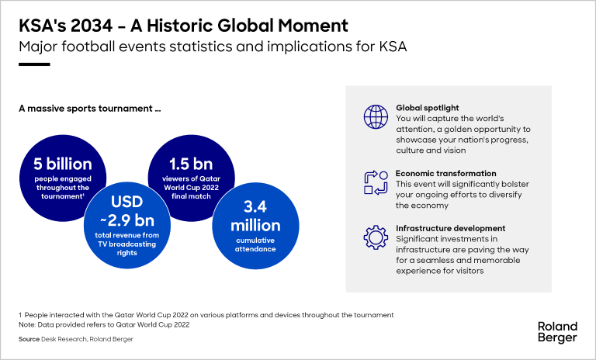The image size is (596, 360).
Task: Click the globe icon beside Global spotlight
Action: [376, 116]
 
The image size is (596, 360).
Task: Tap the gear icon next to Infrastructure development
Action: [376, 237]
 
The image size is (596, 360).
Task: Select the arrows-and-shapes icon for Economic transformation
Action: [376, 183]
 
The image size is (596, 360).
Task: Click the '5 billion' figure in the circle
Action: [63, 164]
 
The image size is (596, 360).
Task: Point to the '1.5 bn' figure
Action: [191, 164]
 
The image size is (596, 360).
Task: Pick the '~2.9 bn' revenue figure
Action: [127, 220]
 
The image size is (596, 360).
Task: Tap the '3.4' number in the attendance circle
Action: [255, 207]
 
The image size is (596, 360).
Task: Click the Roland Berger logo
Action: [558, 332]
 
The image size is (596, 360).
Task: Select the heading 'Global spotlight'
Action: [428, 108]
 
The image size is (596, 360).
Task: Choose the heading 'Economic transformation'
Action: [446, 173]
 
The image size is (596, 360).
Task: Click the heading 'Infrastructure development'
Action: [450, 228]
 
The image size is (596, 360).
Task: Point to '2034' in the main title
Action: [92, 26]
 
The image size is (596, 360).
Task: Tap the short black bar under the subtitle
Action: [34, 64]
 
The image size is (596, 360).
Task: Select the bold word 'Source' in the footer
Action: [29, 339]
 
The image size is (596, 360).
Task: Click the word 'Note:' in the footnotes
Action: [27, 324]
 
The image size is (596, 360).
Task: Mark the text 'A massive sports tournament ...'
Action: [90, 109]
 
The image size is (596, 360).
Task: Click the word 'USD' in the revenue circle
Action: [127, 202]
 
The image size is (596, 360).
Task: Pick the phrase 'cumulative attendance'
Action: [255, 245]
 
